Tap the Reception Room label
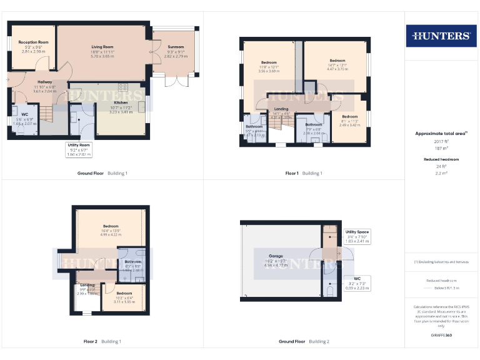coord(34,42)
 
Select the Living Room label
coord(102,47)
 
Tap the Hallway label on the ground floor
coord(44,82)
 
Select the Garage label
coord(276,256)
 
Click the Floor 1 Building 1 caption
coord(304,173)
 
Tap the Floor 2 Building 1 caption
coord(102,341)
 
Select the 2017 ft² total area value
coord(441,141)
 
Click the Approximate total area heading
coord(441,133)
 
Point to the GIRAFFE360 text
coord(441,336)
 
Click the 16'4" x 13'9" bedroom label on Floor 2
coord(111,230)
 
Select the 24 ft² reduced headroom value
coord(441,167)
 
